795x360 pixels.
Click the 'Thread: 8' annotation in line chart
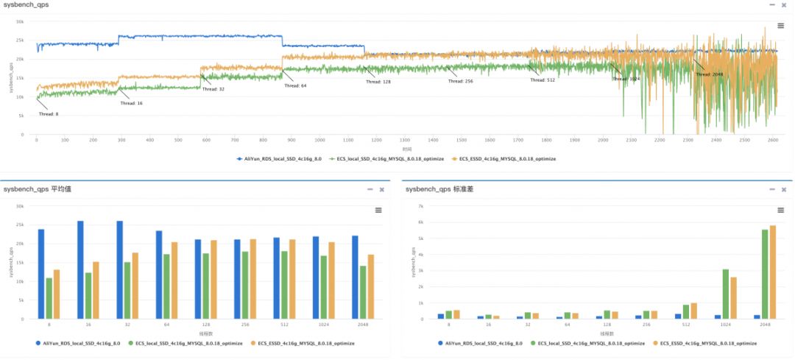click(x=49, y=114)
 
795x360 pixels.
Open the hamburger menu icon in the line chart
click(x=781, y=26)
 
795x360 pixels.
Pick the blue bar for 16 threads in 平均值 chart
click(x=80, y=269)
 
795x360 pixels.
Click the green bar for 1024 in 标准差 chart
click(x=725, y=294)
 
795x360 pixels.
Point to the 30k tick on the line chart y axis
click(x=20, y=21)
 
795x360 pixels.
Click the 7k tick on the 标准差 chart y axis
click(x=421, y=206)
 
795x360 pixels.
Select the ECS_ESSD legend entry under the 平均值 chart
click(x=303, y=343)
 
